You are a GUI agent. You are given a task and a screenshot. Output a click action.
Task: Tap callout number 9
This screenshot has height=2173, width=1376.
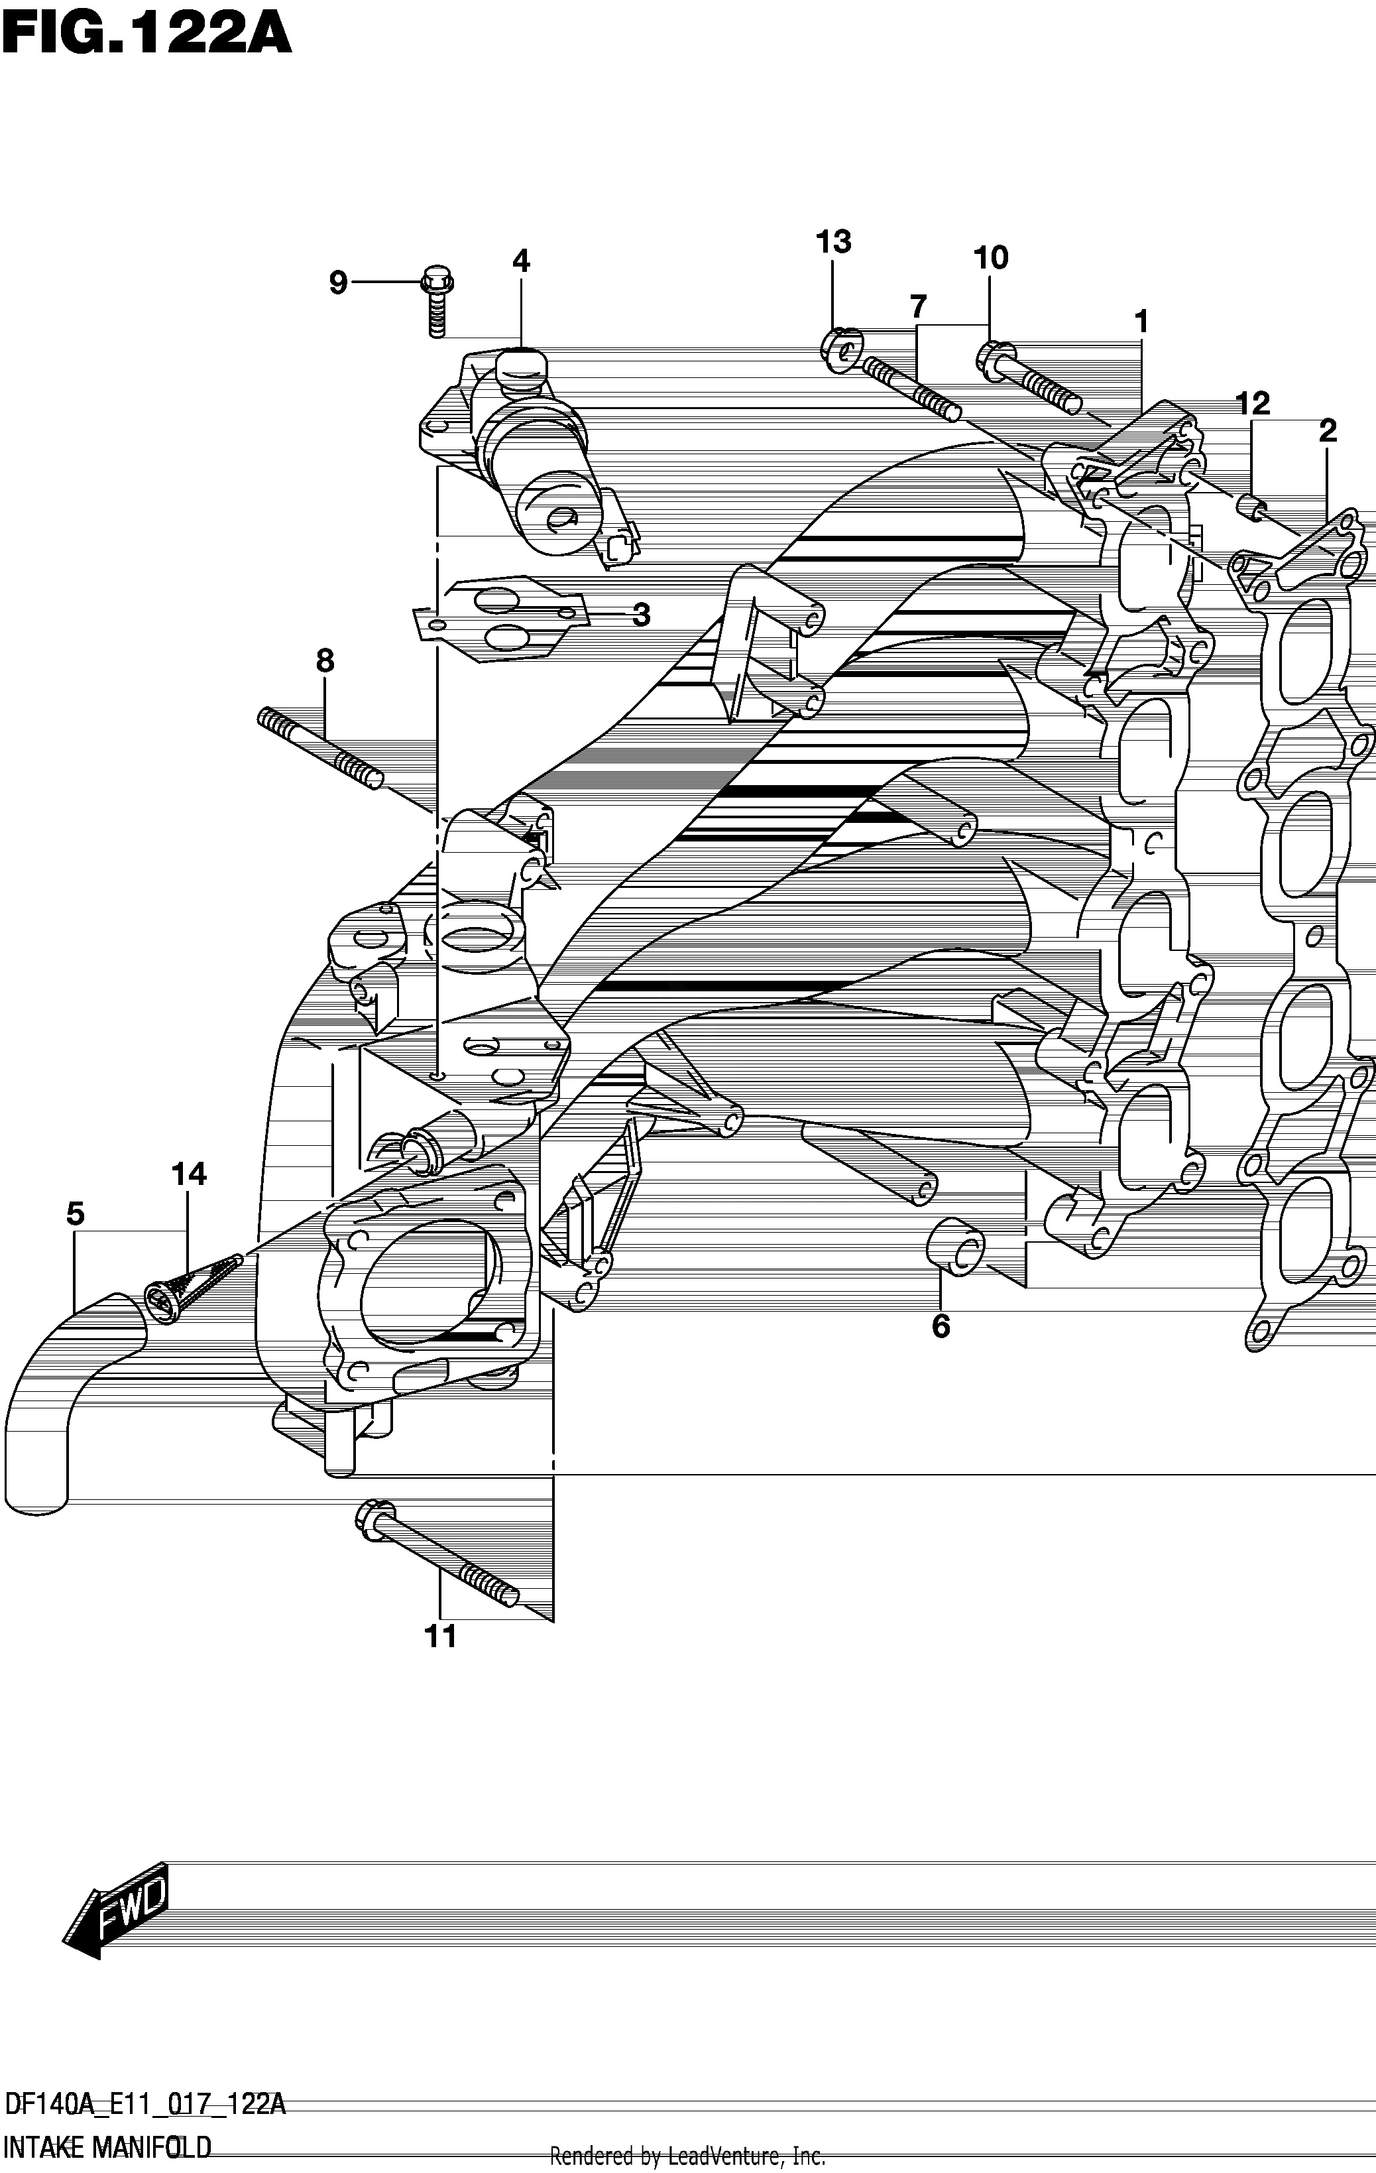click(337, 283)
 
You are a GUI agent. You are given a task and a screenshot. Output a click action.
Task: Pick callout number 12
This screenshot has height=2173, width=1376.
click(1253, 403)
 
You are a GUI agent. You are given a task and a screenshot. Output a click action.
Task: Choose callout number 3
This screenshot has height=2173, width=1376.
click(641, 615)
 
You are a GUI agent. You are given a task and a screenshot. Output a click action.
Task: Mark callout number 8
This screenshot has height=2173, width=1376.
click(325, 662)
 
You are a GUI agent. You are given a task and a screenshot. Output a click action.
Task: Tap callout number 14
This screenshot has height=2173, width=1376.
click(189, 1174)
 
